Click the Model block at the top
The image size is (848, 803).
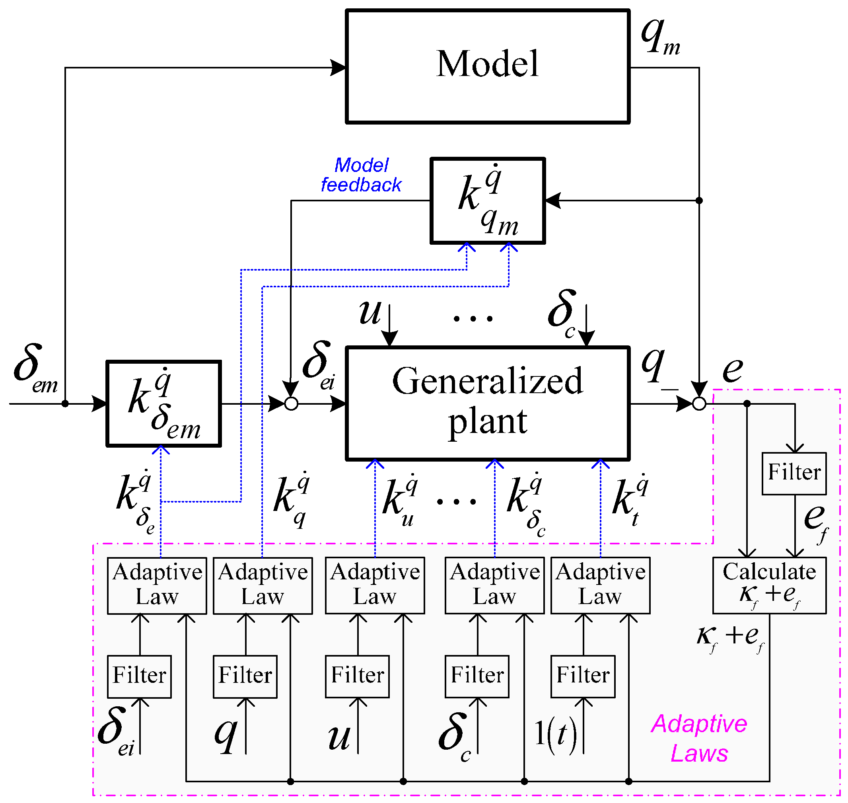(487, 66)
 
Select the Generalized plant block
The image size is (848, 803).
(487, 403)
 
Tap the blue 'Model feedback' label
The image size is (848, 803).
(361, 175)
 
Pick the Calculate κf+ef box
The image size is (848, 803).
(769, 585)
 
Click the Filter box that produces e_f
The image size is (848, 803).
(794, 474)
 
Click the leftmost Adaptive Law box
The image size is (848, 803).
(157, 585)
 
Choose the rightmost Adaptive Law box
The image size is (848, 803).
(600, 585)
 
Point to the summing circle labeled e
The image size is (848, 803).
(699, 403)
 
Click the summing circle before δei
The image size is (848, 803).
(291, 403)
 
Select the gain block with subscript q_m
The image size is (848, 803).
(487, 200)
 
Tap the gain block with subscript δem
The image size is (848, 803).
(163, 403)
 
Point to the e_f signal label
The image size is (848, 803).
(816, 522)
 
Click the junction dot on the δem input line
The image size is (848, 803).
(65, 403)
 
